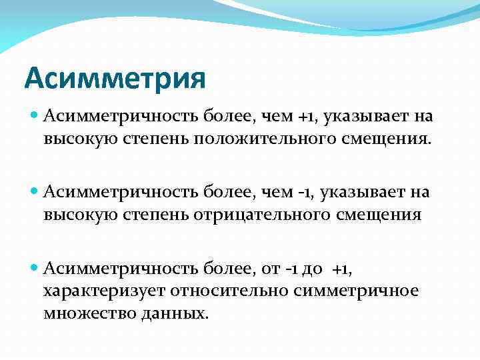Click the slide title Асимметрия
tap(115, 79)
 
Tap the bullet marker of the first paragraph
tap(35, 117)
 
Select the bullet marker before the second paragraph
tap(35, 193)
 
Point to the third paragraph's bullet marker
tap(35, 269)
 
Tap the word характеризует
tap(103, 291)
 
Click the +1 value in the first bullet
tap(309, 117)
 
